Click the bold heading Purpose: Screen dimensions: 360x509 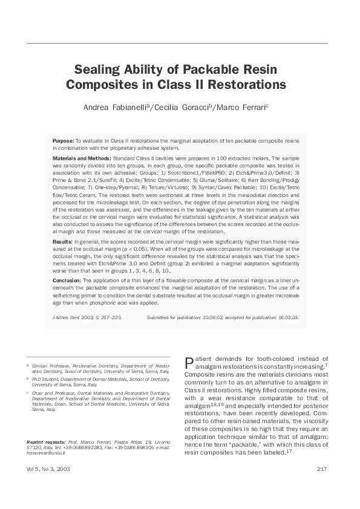click(64, 140)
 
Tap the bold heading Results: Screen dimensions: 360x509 click(62, 242)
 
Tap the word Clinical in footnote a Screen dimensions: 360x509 click(42, 366)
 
